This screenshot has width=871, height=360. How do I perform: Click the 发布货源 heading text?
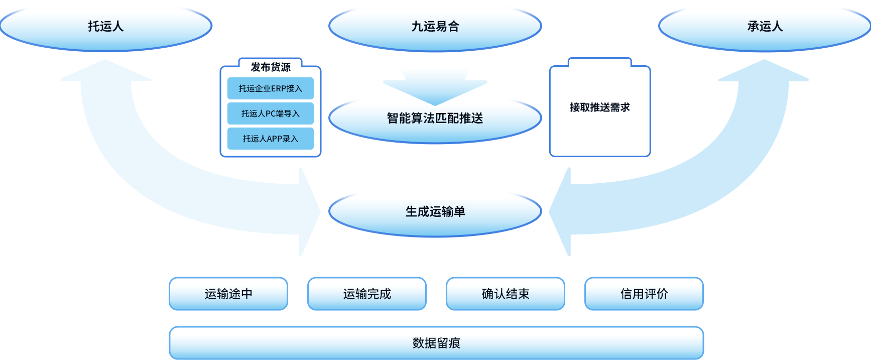tap(271, 67)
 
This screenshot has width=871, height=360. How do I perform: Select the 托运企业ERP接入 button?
tap(271, 88)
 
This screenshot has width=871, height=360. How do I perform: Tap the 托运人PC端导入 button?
tap(271, 113)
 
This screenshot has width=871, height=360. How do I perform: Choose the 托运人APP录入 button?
tap(271, 139)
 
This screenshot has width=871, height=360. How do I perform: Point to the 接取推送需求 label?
tap(600, 107)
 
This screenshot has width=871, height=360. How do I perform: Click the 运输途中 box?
tap(228, 294)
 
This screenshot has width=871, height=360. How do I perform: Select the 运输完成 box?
tap(367, 294)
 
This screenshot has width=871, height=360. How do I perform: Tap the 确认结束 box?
tap(506, 294)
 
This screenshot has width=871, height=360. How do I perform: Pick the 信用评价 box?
tap(644, 294)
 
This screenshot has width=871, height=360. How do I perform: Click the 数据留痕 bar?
tap(436, 343)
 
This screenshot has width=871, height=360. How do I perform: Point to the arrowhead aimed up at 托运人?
tap(105, 71)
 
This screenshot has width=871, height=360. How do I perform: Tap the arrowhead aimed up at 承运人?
tap(764, 71)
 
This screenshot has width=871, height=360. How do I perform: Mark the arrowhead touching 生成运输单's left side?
tap(309, 212)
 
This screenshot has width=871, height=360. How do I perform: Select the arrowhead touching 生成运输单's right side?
tap(560, 212)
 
